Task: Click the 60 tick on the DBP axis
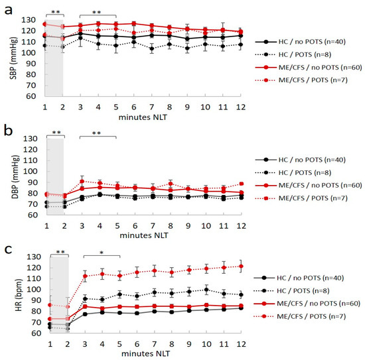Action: pyautogui.click(x=34, y=214)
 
